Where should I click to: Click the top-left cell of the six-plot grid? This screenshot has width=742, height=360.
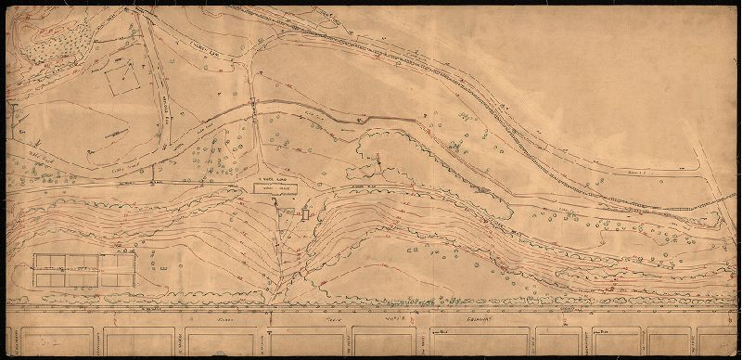(x=45, y=261)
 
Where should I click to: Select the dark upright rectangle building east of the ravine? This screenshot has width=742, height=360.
(x=304, y=214)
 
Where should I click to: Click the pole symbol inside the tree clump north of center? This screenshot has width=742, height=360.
(x=379, y=161)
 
